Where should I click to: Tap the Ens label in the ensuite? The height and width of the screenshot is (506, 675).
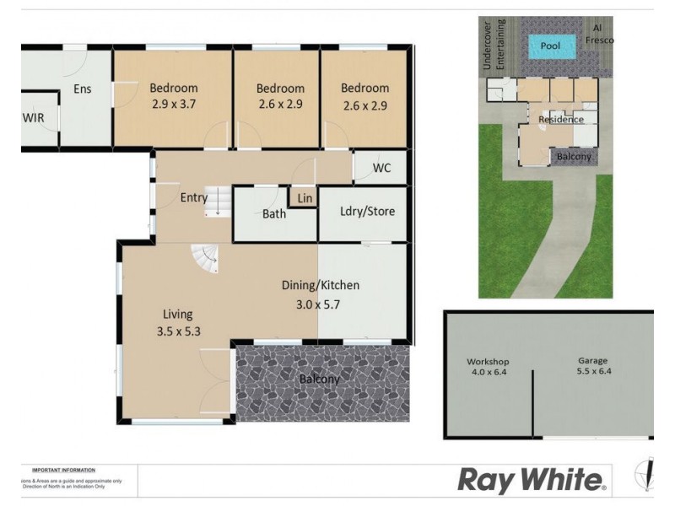click(x=82, y=89)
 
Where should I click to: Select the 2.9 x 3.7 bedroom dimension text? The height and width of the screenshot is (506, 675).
click(x=173, y=105)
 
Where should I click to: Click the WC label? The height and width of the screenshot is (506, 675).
click(x=382, y=167)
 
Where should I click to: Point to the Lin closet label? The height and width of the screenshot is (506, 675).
click(x=305, y=198)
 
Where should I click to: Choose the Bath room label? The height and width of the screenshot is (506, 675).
click(x=273, y=214)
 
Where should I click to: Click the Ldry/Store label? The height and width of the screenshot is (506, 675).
click(x=367, y=211)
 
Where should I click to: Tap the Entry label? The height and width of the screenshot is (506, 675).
click(x=193, y=197)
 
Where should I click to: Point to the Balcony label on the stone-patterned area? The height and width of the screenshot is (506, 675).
click(x=320, y=379)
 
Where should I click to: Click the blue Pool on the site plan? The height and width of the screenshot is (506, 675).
click(x=550, y=46)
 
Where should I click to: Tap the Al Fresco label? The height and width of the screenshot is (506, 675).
click(x=602, y=34)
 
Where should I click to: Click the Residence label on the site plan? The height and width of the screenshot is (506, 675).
click(x=561, y=120)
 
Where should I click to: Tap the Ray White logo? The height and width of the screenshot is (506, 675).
click(x=531, y=481)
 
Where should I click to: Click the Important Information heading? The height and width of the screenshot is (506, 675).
click(x=63, y=470)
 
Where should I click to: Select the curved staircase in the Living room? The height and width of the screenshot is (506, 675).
click(x=204, y=258)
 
